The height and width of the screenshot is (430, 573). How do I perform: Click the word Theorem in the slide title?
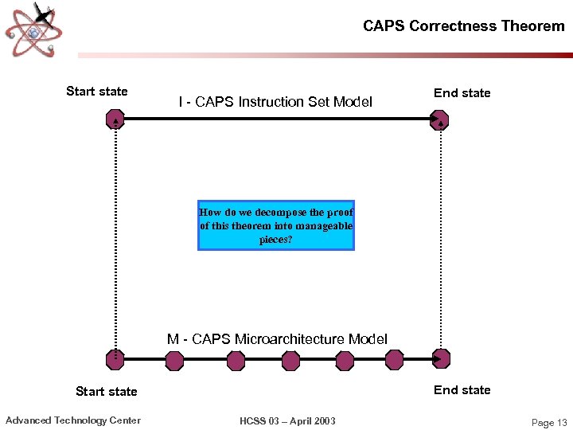click(x=532, y=26)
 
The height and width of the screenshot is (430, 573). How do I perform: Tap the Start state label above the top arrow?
click(x=97, y=92)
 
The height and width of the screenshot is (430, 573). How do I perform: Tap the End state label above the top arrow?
click(x=462, y=93)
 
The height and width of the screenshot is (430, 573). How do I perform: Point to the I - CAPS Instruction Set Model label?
click(x=275, y=102)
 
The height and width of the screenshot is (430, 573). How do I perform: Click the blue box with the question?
click(x=275, y=225)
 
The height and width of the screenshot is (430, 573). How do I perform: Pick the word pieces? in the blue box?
click(x=275, y=239)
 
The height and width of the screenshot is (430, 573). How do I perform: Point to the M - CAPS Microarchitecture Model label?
click(x=277, y=339)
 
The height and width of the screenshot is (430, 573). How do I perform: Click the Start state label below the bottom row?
click(x=106, y=392)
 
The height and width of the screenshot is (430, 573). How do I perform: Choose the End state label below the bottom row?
click(x=462, y=390)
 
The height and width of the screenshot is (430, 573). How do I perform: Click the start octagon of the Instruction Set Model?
click(x=115, y=120)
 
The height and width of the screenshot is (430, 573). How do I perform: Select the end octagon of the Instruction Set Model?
click(x=440, y=120)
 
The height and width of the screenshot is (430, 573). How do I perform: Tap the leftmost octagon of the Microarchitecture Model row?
click(x=115, y=361)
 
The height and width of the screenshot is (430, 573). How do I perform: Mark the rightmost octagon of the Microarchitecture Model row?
click(x=440, y=361)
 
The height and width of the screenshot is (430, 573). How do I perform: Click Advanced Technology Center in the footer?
click(x=73, y=420)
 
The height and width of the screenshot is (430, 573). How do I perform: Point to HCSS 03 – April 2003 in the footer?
click(x=287, y=421)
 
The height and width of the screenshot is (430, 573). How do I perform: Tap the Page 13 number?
click(x=549, y=423)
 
